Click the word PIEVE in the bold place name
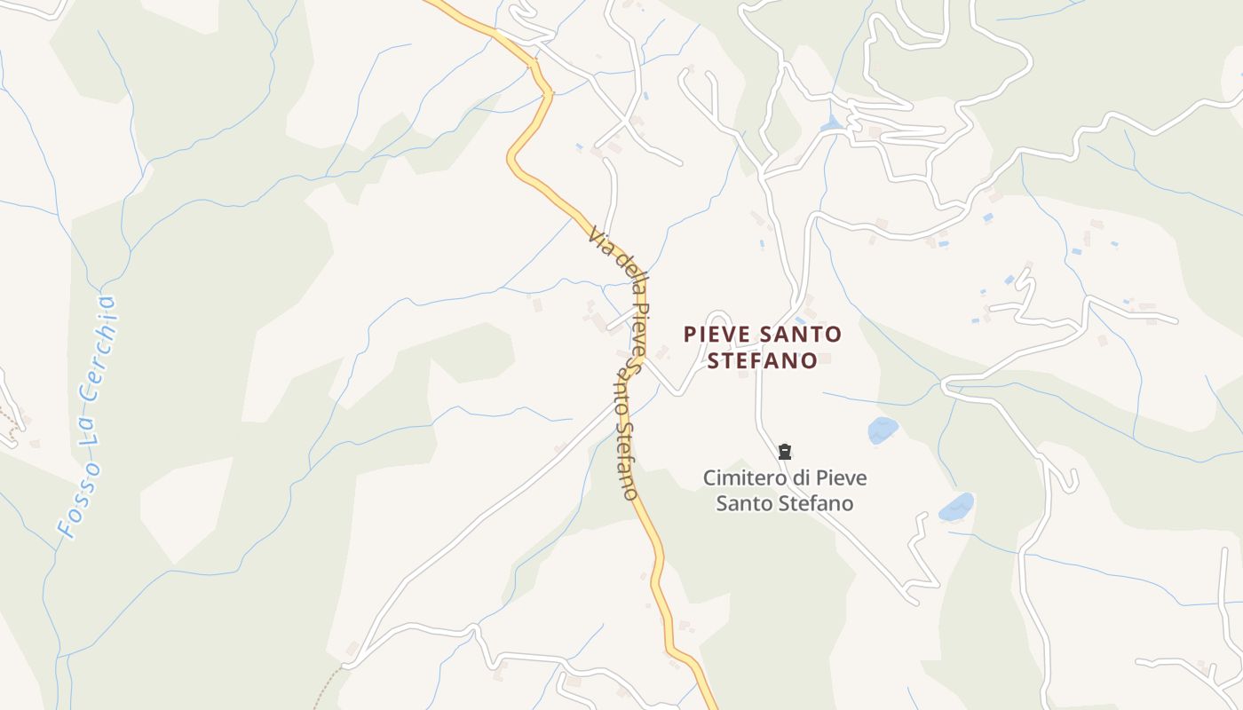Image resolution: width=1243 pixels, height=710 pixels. pyautogui.click(x=717, y=335)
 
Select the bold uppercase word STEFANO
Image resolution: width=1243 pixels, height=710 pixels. pyautogui.click(x=762, y=361)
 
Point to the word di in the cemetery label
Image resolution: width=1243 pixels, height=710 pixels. pyautogui.click(x=803, y=477)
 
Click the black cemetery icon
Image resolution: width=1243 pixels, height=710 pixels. pyautogui.click(x=785, y=453)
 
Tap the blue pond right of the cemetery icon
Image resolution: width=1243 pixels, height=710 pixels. pyautogui.click(x=883, y=430)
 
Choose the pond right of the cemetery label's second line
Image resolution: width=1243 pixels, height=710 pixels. pyautogui.click(x=956, y=508)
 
